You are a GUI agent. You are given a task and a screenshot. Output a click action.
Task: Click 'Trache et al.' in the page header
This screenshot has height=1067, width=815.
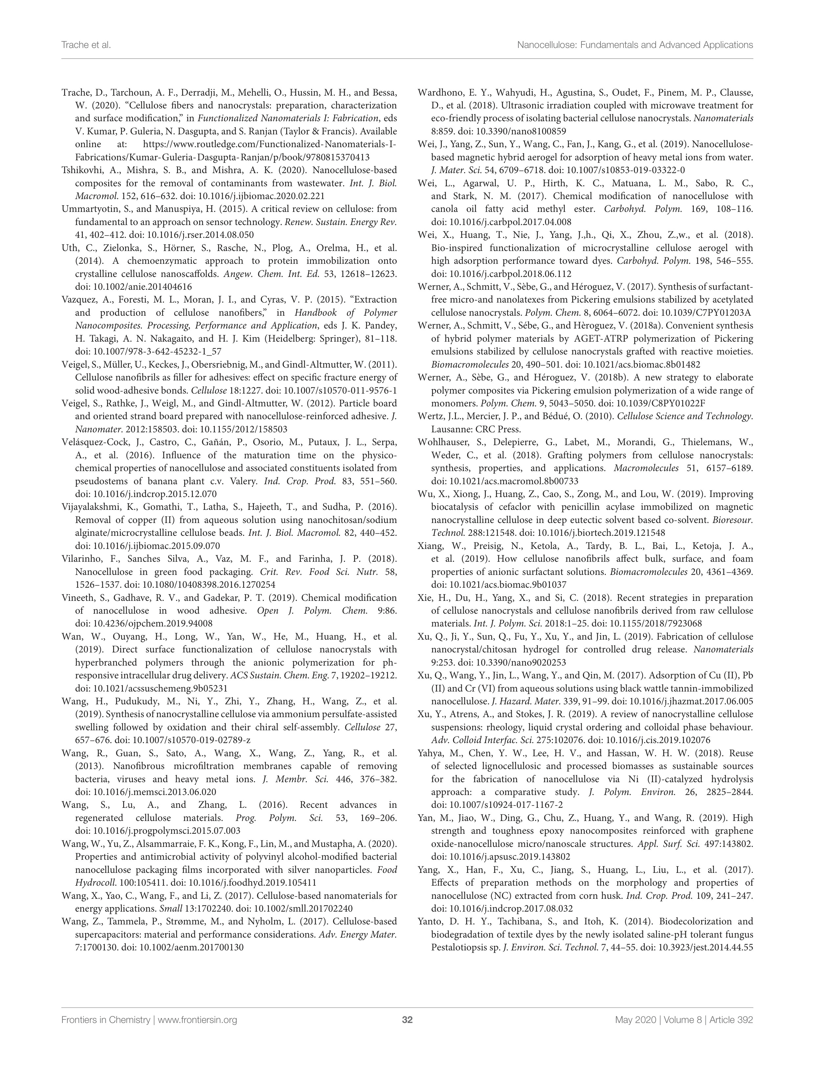pyautogui.click(x=86, y=45)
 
